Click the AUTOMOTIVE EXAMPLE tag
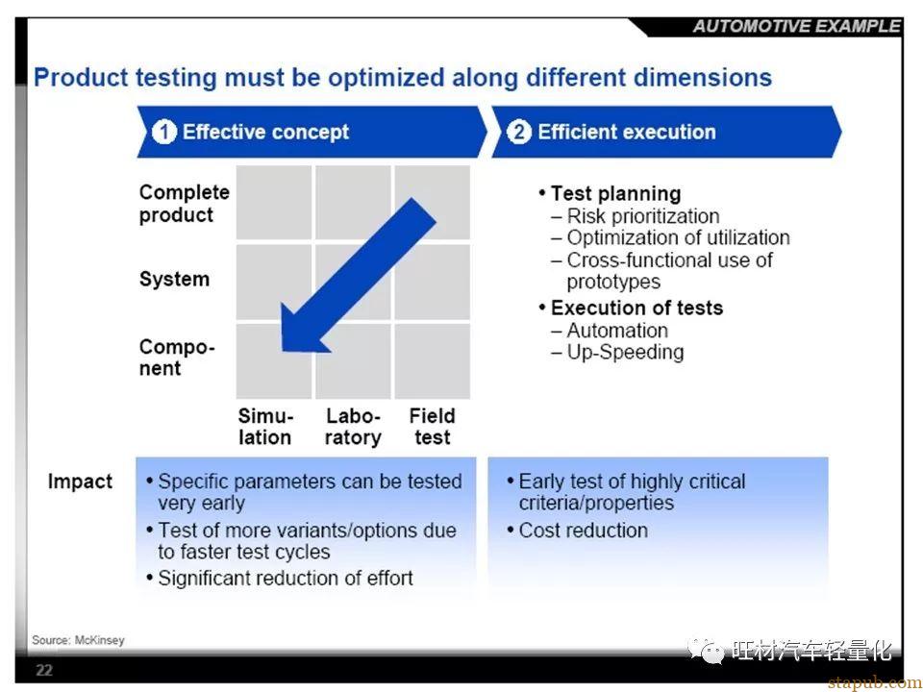click(x=796, y=27)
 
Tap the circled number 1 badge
click(x=164, y=132)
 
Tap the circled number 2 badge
click(x=519, y=132)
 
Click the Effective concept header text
click(x=265, y=132)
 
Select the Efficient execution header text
click(x=627, y=132)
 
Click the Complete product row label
click(x=184, y=204)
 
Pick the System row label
click(x=174, y=279)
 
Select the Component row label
click(x=177, y=358)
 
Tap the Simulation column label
click(x=265, y=427)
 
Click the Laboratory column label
click(x=353, y=427)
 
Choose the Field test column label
click(x=433, y=427)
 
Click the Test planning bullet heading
click(x=615, y=193)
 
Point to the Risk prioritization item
click(x=643, y=216)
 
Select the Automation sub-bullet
click(x=617, y=330)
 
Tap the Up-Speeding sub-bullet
click(x=625, y=353)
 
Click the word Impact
click(x=80, y=482)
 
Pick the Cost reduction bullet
click(x=583, y=531)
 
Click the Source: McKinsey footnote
click(x=78, y=640)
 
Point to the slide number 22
click(x=44, y=670)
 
